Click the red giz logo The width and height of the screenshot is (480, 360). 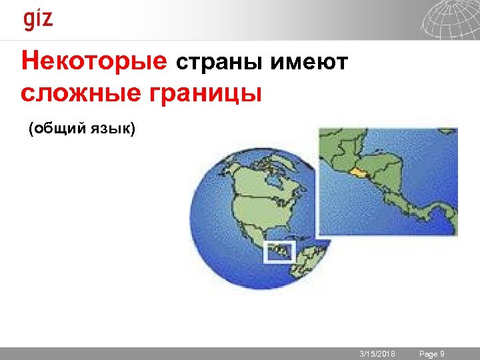[x=38, y=19]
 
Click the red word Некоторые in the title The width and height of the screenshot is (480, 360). [x=93, y=62]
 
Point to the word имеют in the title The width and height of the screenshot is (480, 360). [x=309, y=63]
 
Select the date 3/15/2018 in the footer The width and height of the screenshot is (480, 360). [x=377, y=353]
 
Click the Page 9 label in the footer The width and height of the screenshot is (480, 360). [x=431, y=353]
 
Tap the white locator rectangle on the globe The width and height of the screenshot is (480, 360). [x=279, y=251]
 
